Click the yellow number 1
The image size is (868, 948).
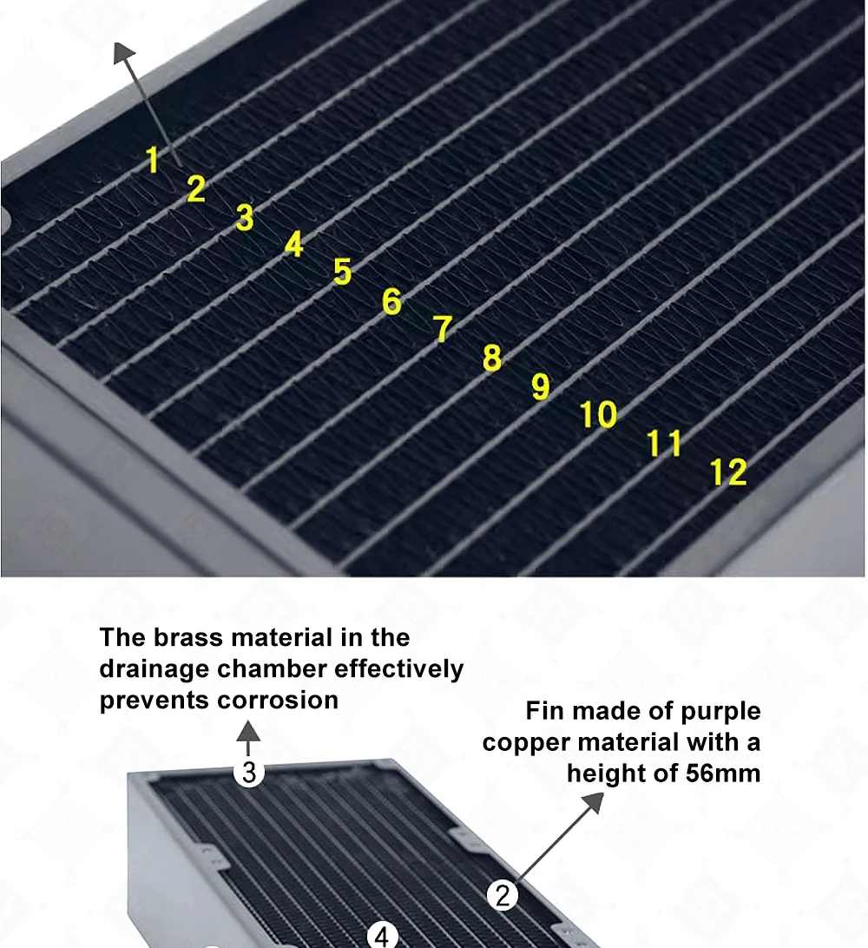[153, 160]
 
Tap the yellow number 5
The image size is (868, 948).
[342, 272]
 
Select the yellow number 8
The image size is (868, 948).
[492, 358]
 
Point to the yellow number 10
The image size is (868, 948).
[598, 415]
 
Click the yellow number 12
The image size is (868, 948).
[728, 472]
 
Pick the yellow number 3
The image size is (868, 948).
[245, 217]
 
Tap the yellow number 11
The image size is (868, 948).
[664, 443]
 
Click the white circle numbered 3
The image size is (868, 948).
[249, 772]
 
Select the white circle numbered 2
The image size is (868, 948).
[503, 895]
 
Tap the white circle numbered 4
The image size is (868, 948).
[382, 935]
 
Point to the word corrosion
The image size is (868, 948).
[278, 700]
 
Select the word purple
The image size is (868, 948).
[720, 712]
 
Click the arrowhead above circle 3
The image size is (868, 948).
[248, 730]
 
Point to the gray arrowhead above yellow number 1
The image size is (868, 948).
[124, 53]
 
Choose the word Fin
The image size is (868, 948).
[544, 711]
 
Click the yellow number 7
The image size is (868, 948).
[443, 329]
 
